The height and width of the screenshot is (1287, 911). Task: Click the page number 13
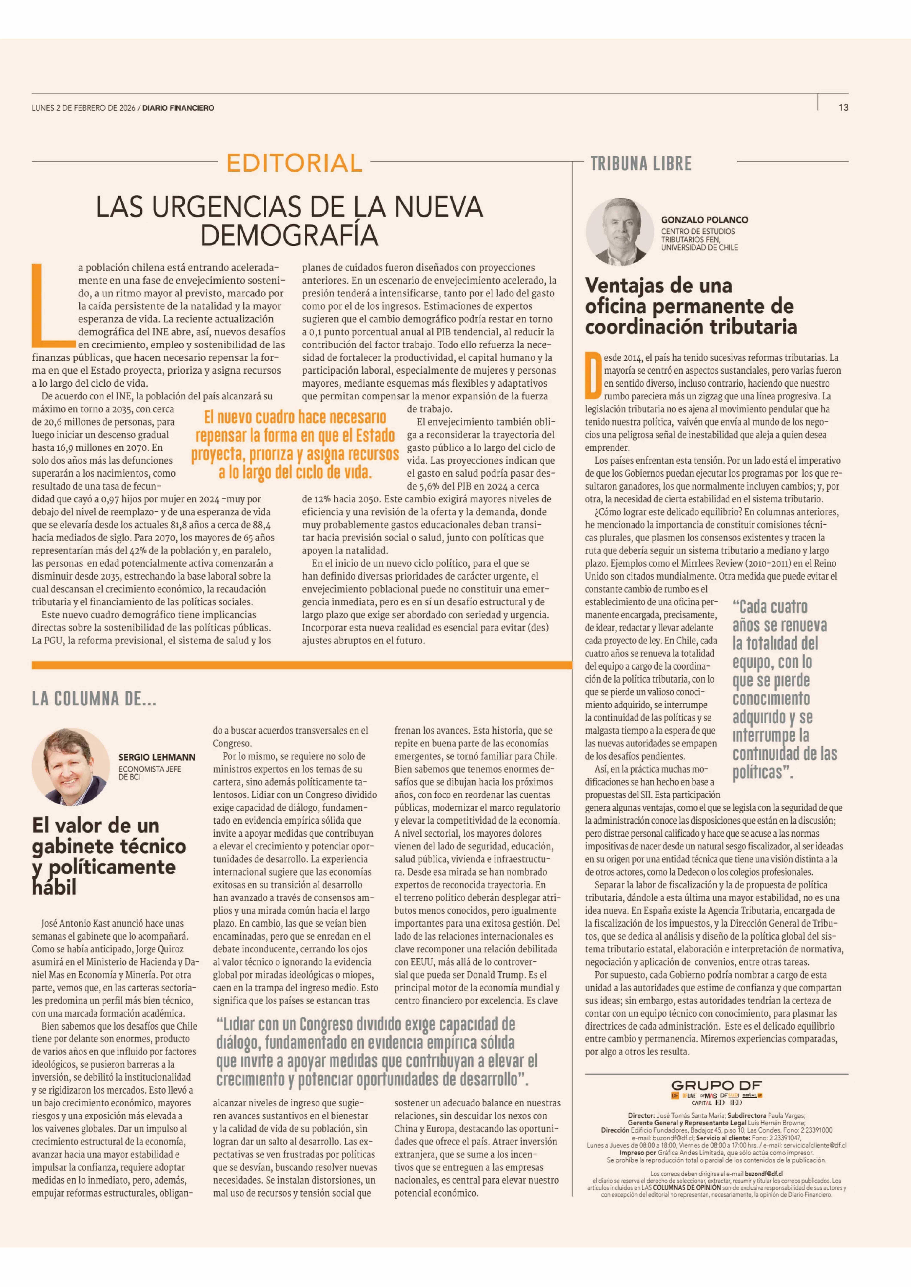tap(843, 108)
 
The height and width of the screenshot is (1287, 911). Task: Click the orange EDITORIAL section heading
tap(295, 163)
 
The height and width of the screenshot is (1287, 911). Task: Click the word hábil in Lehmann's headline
tap(54, 887)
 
